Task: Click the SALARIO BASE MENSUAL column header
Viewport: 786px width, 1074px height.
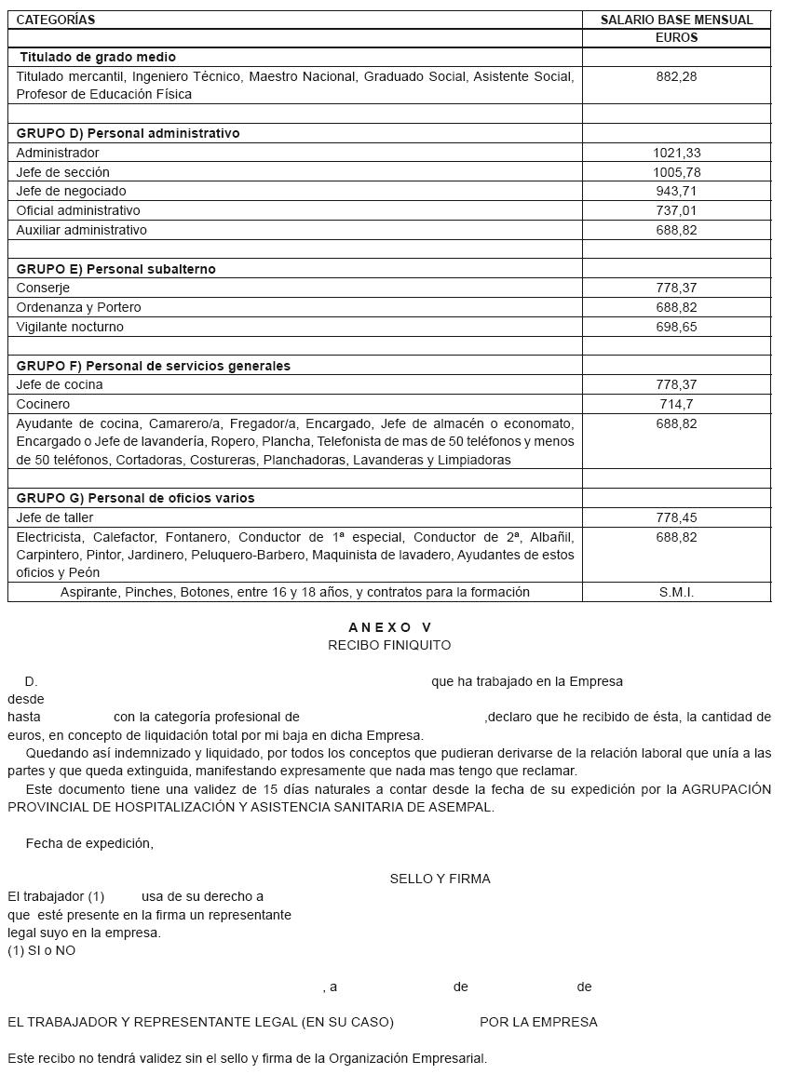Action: [676, 20]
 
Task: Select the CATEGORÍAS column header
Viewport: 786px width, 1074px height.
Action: [56, 20]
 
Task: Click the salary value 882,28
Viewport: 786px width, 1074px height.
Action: [676, 76]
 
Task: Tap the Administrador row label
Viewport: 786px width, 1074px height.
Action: [58, 153]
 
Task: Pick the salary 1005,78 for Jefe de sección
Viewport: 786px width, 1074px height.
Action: [676, 172]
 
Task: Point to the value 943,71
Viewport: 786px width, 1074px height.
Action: [676, 191]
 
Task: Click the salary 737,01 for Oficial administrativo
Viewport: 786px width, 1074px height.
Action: [676, 210]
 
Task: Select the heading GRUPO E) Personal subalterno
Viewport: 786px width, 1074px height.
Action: [115, 269]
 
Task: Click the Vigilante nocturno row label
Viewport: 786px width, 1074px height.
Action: [70, 327]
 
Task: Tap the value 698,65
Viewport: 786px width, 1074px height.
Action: [676, 327]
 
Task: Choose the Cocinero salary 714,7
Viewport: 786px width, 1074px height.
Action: [676, 404]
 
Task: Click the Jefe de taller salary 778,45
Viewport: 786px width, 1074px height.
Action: [676, 517]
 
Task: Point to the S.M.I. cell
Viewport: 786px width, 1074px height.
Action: [676, 592]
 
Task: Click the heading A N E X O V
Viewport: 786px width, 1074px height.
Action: [389, 627]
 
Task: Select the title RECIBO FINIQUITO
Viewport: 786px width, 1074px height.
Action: [389, 645]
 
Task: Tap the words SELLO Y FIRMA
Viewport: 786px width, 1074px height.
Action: [440, 879]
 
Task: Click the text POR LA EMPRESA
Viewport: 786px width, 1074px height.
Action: [538, 1022]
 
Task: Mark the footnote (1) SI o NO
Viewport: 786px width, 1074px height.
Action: [42, 950]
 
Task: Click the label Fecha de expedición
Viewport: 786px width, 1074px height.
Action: [89, 843]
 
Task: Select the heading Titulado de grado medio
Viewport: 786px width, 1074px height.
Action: [98, 57]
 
